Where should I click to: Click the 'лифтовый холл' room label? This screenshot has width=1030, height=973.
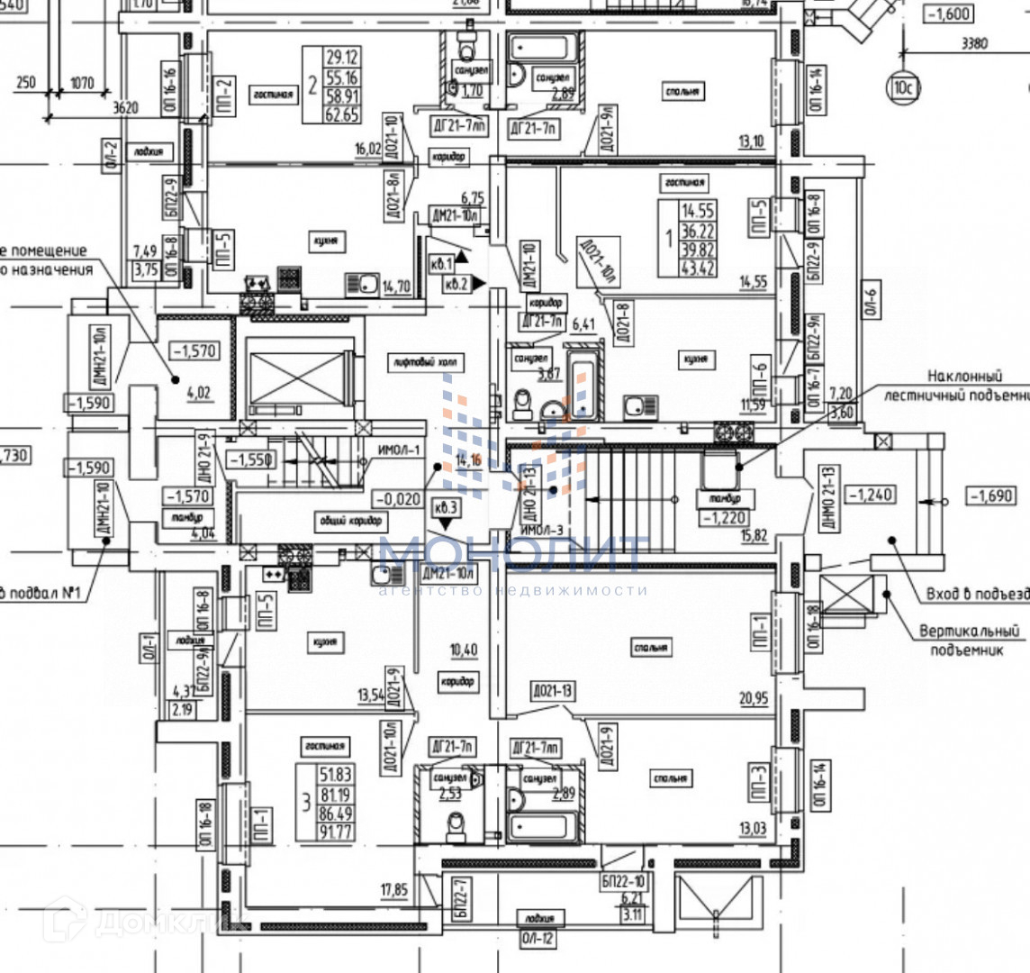424,364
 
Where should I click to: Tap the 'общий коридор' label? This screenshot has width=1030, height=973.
350,521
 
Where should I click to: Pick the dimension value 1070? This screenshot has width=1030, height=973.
82,84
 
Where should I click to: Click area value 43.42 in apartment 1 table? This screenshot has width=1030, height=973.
699,268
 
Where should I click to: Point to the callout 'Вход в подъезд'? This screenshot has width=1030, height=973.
977,595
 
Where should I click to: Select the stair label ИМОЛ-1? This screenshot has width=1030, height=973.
400,451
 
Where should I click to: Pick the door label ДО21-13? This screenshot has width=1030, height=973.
553,691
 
